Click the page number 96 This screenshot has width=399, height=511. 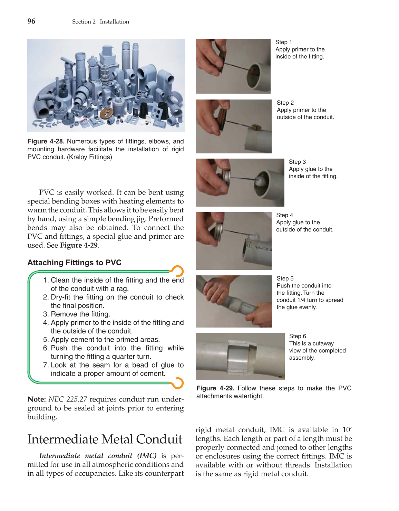click(x=31, y=21)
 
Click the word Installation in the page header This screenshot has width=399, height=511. click(x=114, y=22)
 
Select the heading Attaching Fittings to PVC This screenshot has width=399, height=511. click(x=74, y=263)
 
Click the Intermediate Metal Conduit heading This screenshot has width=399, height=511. click(x=105, y=439)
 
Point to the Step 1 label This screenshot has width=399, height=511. click(x=283, y=42)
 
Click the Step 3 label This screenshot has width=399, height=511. click(x=297, y=162)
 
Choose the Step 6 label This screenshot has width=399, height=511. click(x=298, y=336)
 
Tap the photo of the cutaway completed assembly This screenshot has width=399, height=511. click(x=240, y=356)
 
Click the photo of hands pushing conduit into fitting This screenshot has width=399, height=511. click(x=234, y=301)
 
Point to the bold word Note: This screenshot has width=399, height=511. click(x=37, y=399)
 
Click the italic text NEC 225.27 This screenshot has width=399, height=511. click(x=68, y=399)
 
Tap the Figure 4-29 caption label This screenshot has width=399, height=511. click(x=215, y=388)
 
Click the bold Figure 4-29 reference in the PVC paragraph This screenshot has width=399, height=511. click(x=79, y=245)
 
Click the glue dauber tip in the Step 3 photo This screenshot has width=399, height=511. click(x=259, y=180)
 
